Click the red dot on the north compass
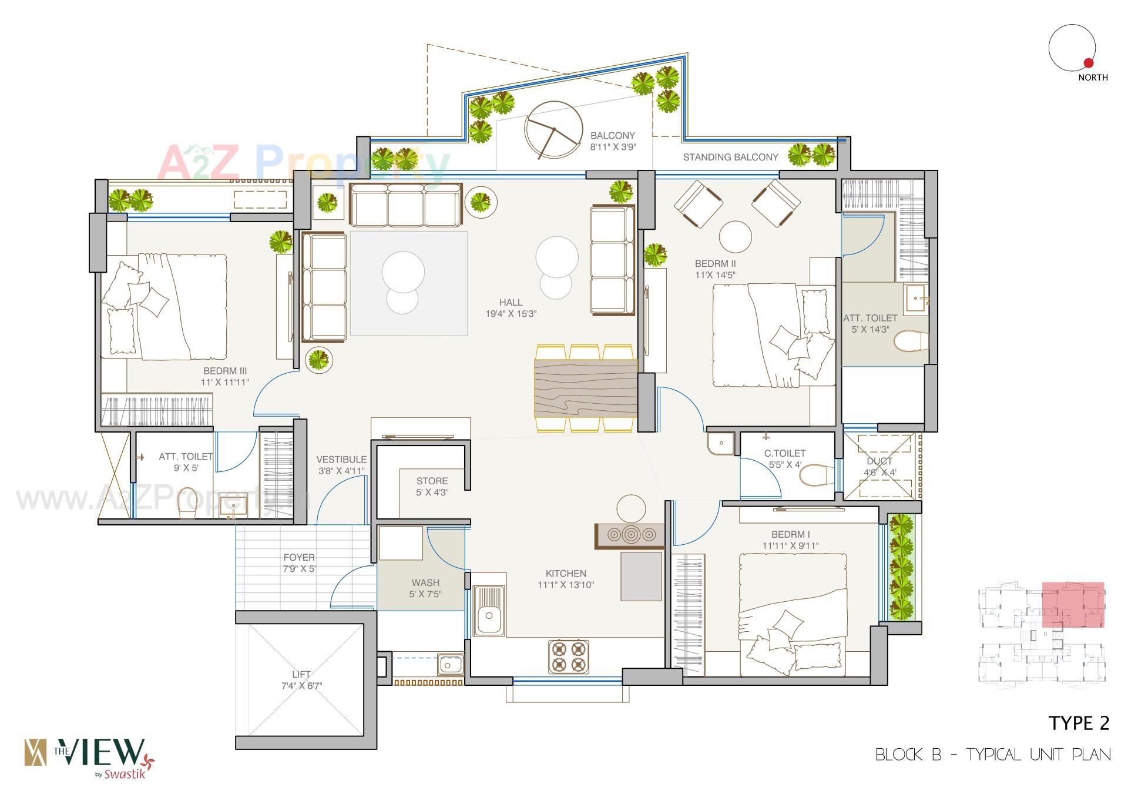click(1088, 63)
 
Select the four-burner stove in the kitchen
click(569, 656)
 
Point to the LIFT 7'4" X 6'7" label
click(301, 680)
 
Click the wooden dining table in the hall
click(586, 388)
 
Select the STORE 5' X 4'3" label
click(432, 487)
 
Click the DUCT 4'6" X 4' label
click(879, 467)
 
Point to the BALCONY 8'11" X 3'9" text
click(613, 142)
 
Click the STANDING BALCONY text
click(730, 157)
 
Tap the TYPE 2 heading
click(1079, 723)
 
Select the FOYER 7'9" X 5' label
click(299, 563)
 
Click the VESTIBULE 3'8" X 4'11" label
click(341, 465)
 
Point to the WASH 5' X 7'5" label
click(425, 588)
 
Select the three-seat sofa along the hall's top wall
click(406, 206)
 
